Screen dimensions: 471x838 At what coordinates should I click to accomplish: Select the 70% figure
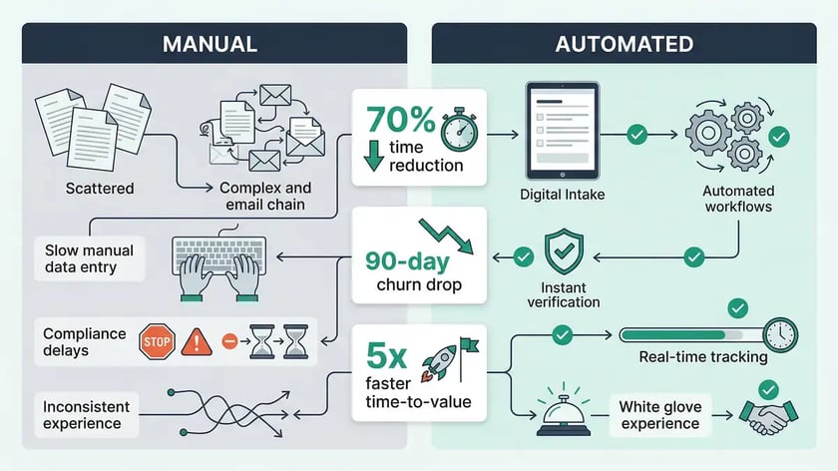tap(401, 120)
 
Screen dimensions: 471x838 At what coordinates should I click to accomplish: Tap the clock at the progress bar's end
tap(778, 333)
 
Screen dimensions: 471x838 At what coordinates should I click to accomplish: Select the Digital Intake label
tap(561, 195)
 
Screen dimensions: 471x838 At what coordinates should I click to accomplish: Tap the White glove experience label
tap(659, 415)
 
